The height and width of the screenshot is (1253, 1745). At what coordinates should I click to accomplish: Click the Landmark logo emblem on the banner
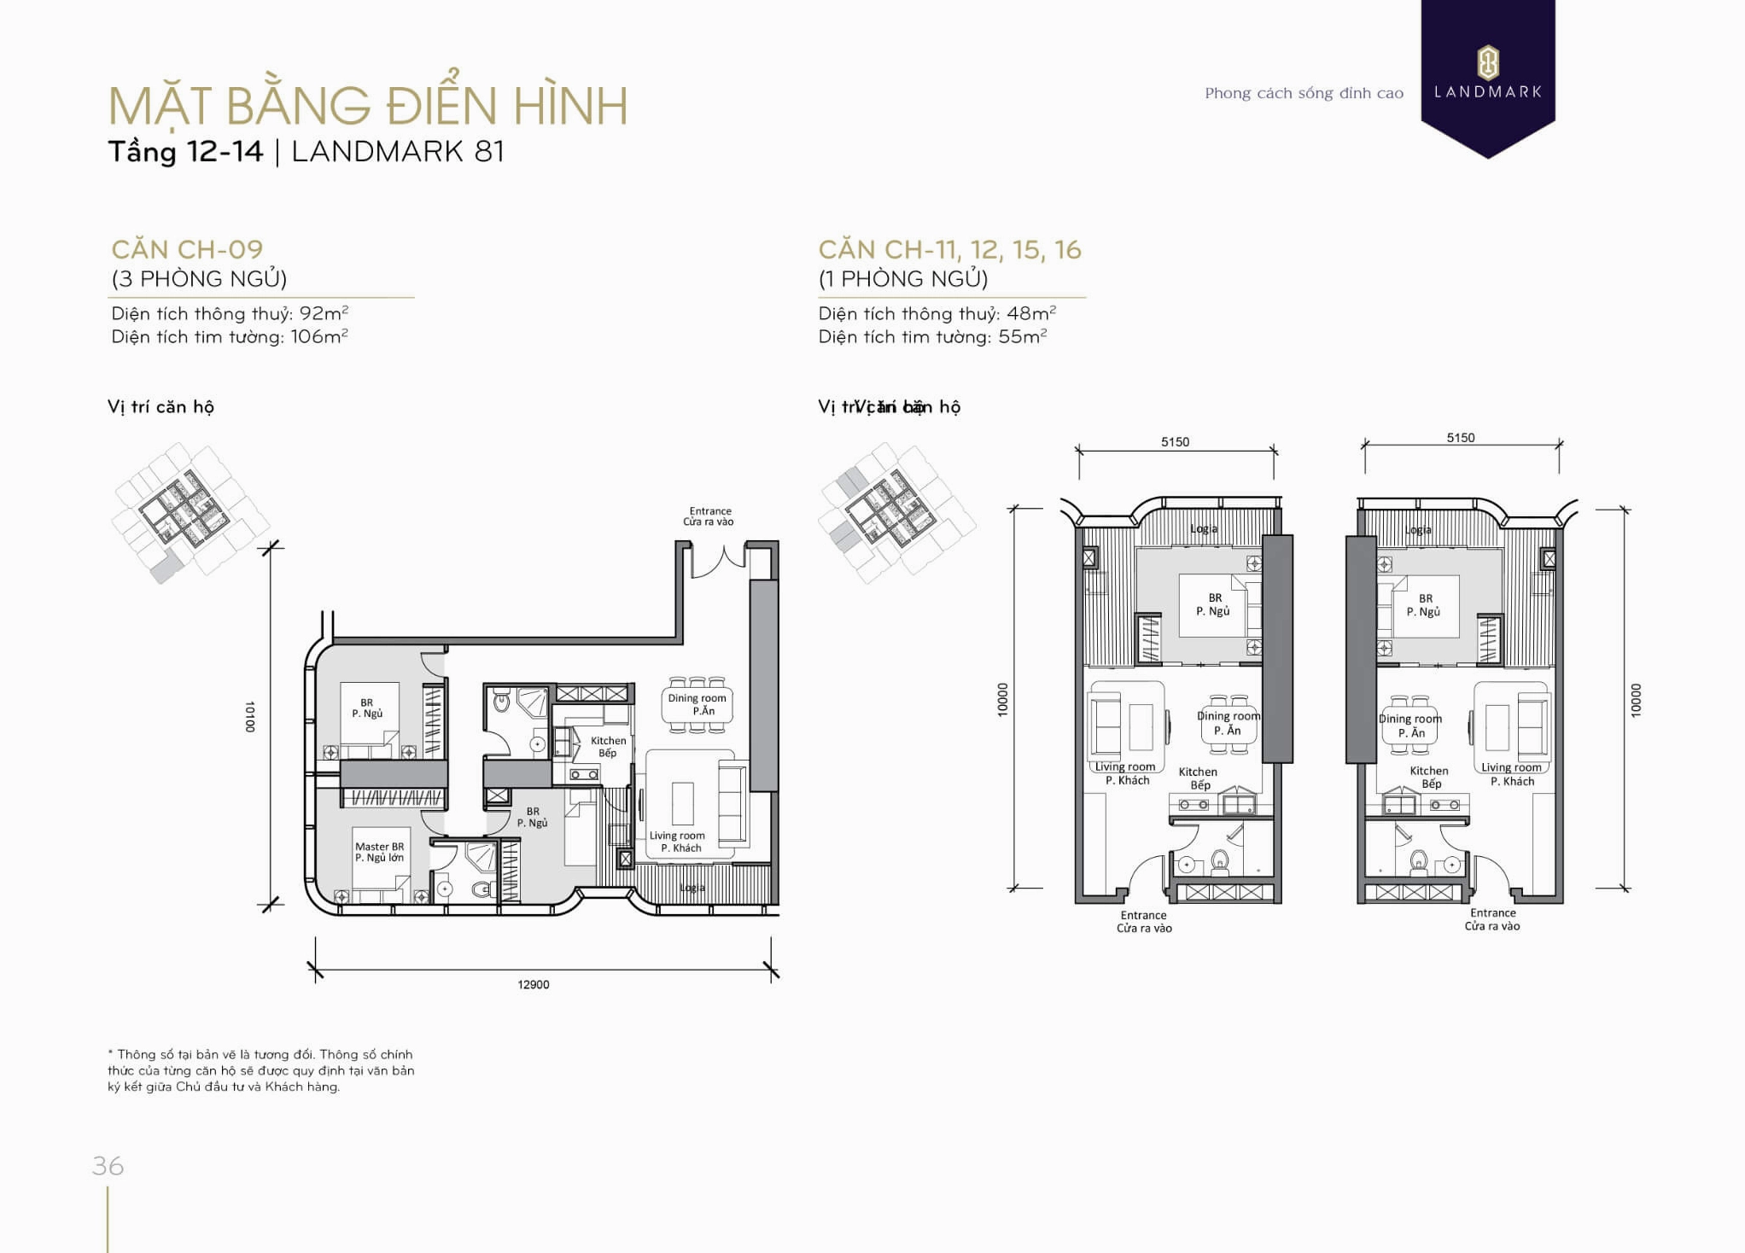click(x=1487, y=62)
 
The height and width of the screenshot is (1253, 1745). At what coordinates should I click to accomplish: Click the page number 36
click(x=108, y=1165)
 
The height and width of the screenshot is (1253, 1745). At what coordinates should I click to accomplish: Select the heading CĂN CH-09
click(x=187, y=249)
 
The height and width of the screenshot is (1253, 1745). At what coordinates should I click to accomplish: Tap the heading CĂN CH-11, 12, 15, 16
click(x=949, y=249)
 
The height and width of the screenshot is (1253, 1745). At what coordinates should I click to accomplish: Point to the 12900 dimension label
click(x=534, y=984)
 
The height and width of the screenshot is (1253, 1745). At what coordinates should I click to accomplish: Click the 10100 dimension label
click(x=250, y=717)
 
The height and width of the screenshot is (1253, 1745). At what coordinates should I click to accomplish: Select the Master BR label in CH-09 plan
click(x=379, y=852)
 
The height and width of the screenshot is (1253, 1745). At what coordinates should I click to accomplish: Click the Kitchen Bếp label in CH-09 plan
click(x=608, y=746)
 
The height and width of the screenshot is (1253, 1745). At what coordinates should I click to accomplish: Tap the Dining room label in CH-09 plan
click(x=697, y=703)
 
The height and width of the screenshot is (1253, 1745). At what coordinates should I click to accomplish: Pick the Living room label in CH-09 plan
click(x=678, y=841)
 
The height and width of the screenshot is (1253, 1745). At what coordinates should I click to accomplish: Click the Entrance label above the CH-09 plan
click(x=709, y=516)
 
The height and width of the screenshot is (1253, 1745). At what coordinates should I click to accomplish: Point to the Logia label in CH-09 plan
click(x=692, y=888)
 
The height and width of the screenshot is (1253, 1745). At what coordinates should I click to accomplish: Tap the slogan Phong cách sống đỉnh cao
click(x=1304, y=93)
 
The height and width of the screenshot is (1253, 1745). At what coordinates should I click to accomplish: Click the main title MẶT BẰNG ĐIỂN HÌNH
click(x=368, y=106)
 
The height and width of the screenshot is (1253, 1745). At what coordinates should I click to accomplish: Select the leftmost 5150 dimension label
click(x=1175, y=441)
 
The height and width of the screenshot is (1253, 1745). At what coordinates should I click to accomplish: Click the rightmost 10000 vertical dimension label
click(x=1635, y=700)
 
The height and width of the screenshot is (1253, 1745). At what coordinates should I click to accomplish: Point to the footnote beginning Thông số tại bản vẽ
click(x=261, y=1070)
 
